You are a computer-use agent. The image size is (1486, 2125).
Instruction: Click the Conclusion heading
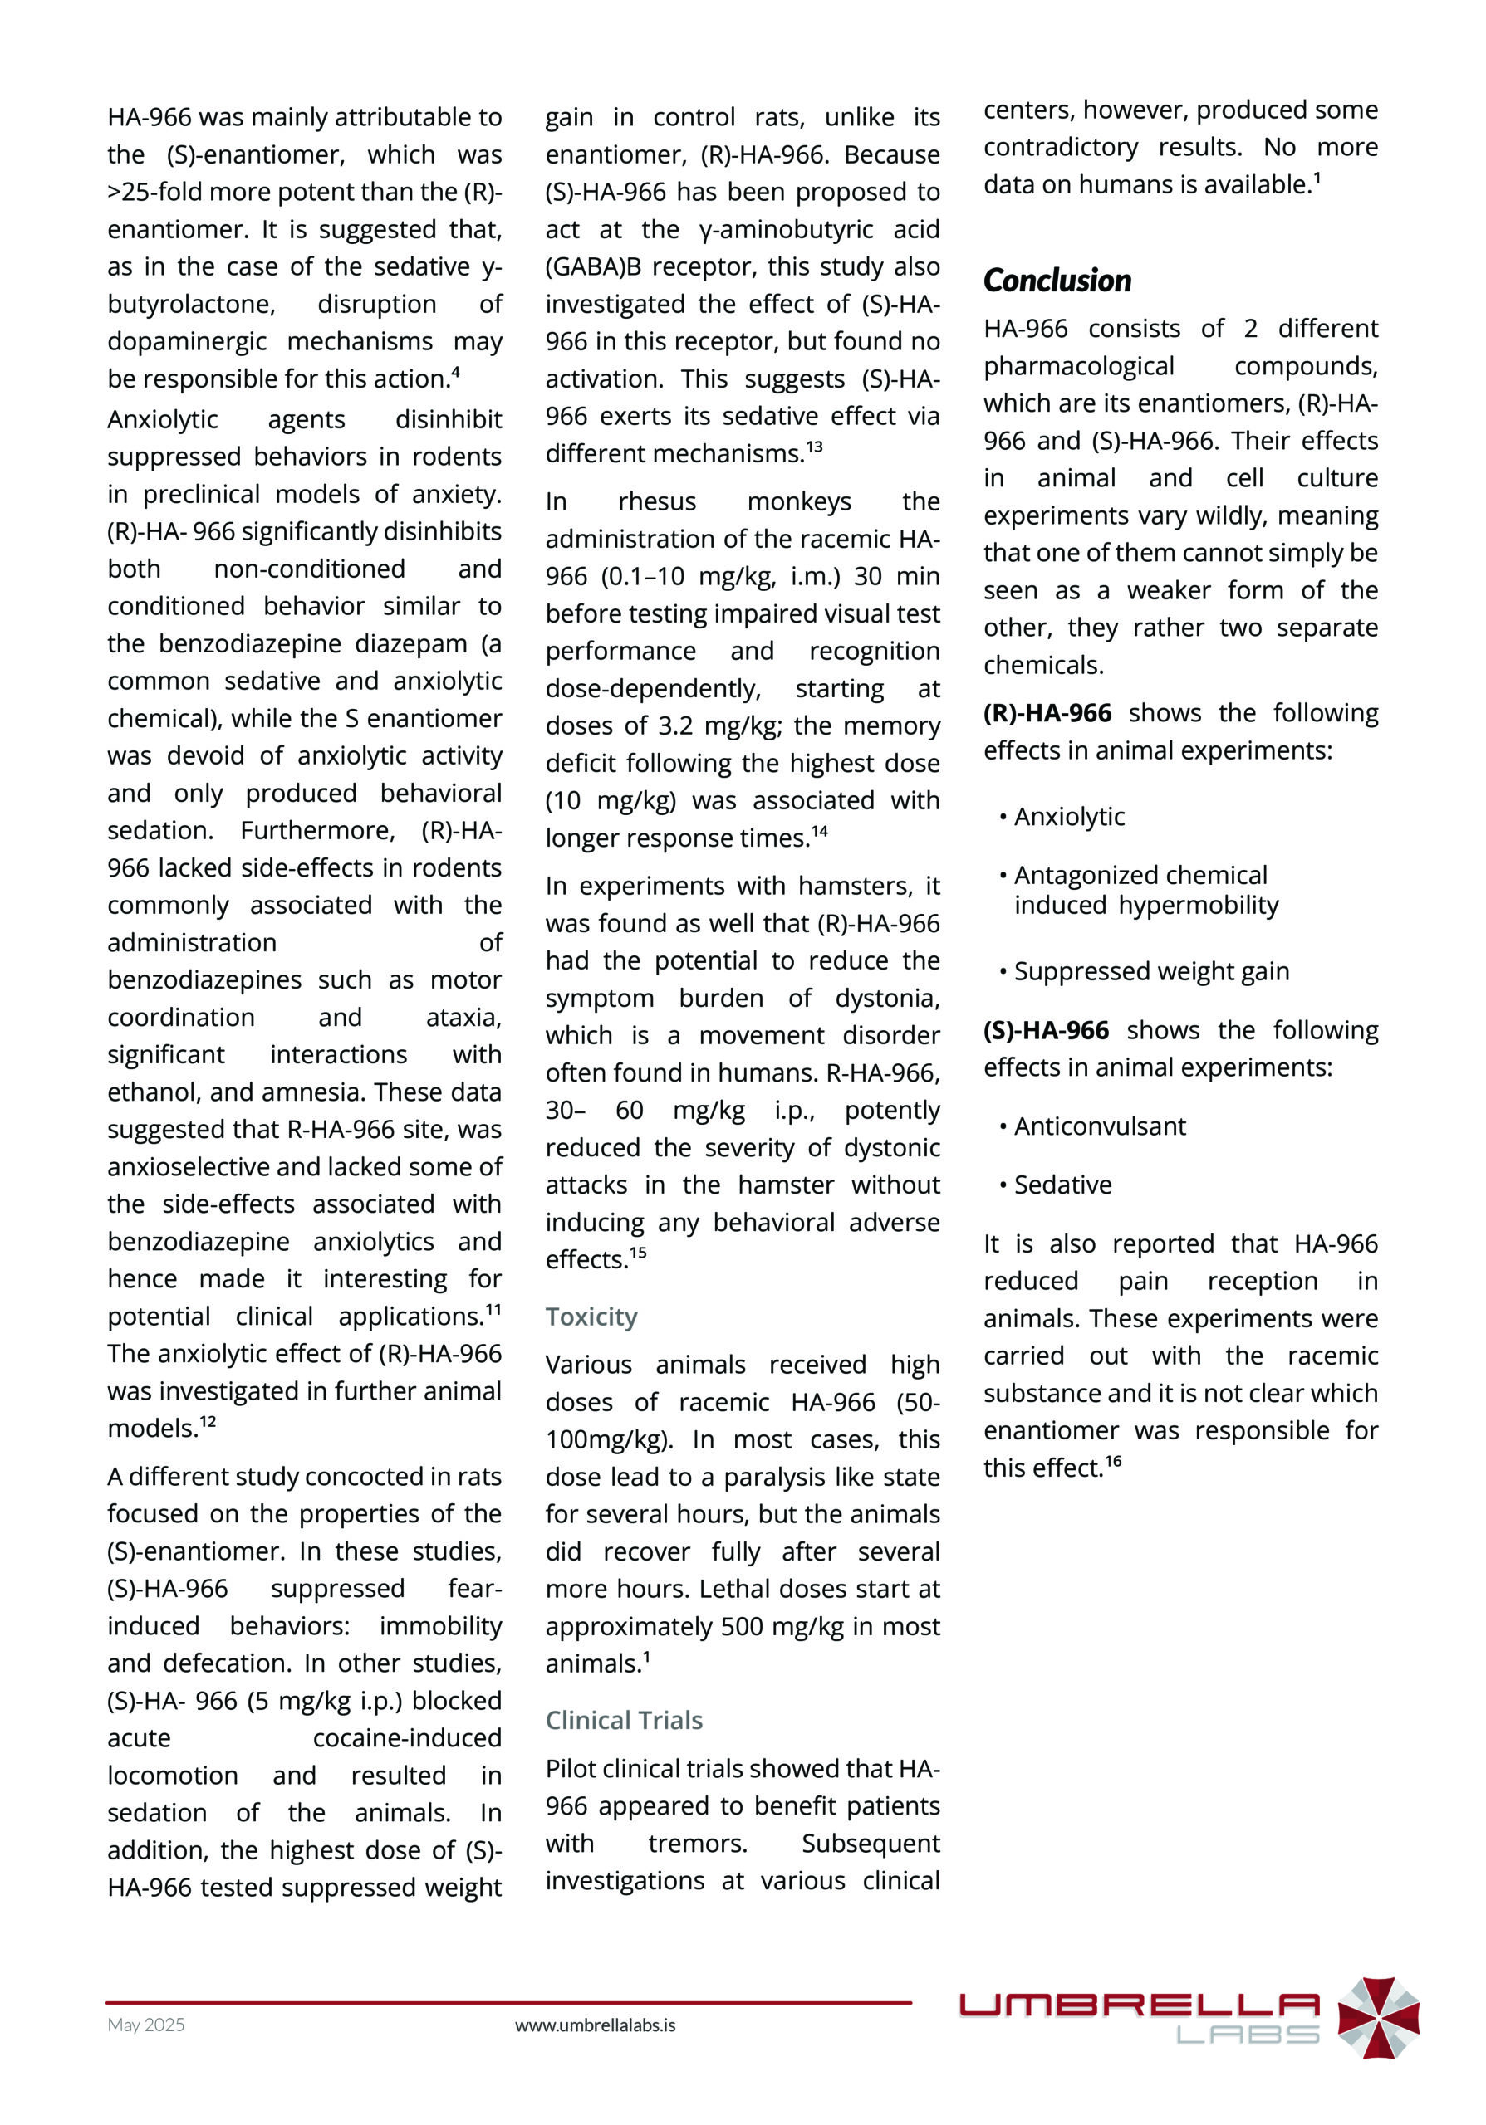1057,281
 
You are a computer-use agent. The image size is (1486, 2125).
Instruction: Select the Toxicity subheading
591,1317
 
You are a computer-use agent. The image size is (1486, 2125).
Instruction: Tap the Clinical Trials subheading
623,1720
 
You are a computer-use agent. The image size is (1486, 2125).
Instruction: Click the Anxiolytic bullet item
1068,816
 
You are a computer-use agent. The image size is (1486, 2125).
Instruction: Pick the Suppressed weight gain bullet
1150,971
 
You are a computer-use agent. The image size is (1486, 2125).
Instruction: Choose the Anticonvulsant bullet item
1099,1126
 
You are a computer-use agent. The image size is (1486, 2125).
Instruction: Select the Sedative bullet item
1062,1185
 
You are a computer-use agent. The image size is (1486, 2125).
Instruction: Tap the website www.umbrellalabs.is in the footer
595,2025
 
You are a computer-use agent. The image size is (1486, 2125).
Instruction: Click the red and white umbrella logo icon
1378,2018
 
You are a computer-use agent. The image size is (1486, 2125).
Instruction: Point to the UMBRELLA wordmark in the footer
1138,2005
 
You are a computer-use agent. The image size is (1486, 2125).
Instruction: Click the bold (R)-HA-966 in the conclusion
1047,713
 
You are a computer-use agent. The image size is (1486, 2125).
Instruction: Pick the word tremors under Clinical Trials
697,1843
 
